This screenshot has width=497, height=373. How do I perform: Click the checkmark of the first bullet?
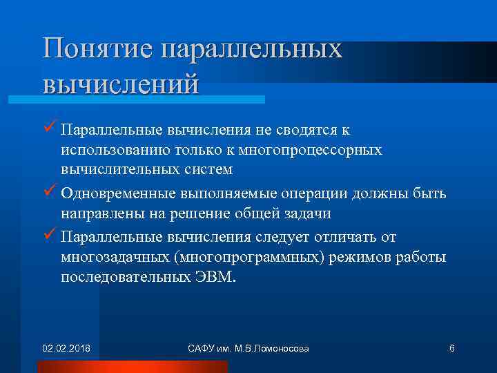48,129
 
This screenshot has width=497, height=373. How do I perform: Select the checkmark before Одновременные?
48,194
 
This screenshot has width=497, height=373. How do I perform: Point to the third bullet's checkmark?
48,237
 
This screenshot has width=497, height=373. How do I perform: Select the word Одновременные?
110,195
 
